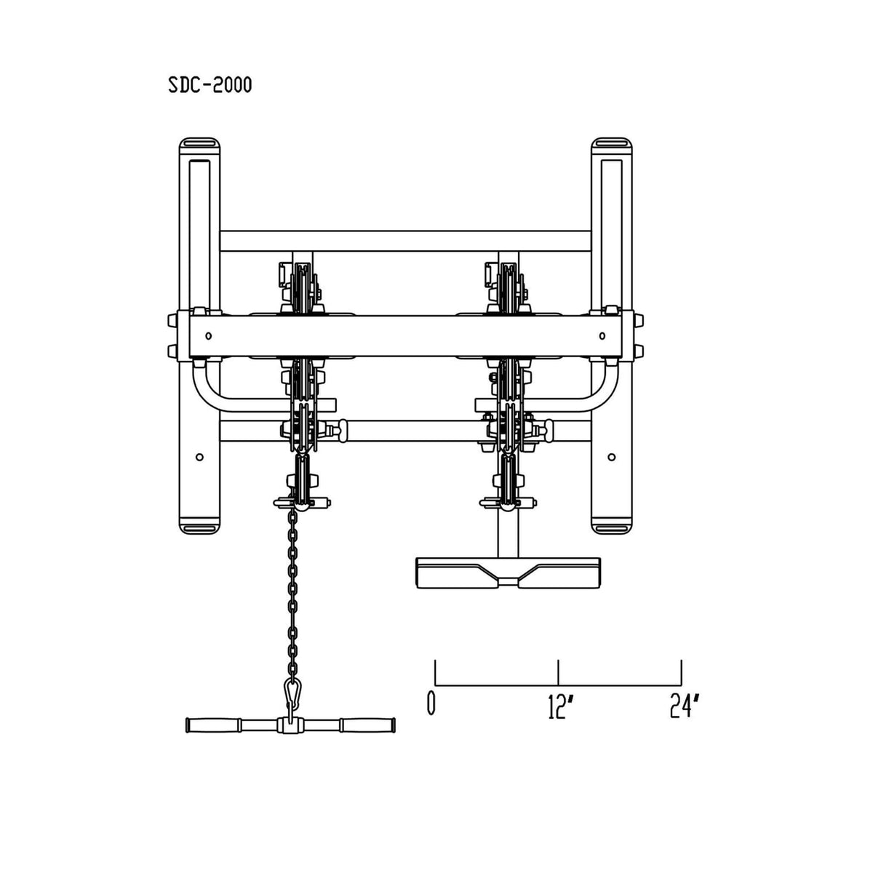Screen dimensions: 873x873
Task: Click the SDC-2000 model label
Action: tap(210, 84)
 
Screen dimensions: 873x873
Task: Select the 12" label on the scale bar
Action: tap(558, 706)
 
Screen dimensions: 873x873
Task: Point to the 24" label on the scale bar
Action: tap(685, 706)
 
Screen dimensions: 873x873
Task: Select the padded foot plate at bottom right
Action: tap(509, 573)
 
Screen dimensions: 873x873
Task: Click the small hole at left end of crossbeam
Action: tap(208, 335)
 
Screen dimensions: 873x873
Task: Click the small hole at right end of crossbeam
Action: tap(602, 335)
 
